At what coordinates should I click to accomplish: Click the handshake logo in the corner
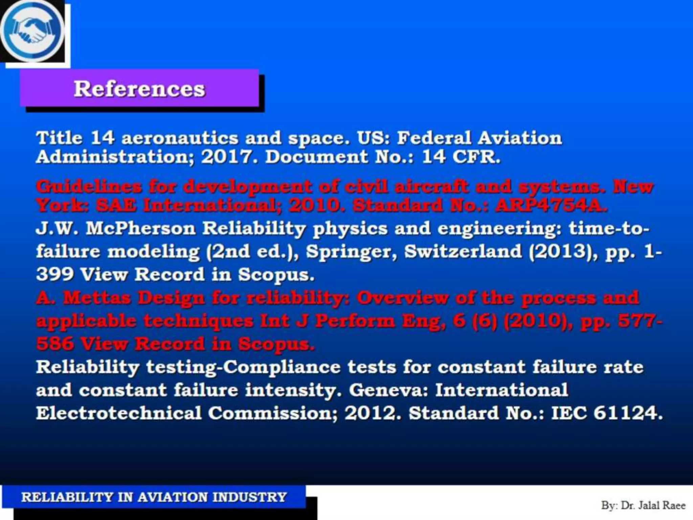point(32,31)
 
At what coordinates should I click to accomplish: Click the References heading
point(139,89)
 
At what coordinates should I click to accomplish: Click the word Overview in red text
point(402,298)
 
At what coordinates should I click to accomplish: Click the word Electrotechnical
point(119,413)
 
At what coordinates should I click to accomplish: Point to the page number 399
point(55,274)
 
